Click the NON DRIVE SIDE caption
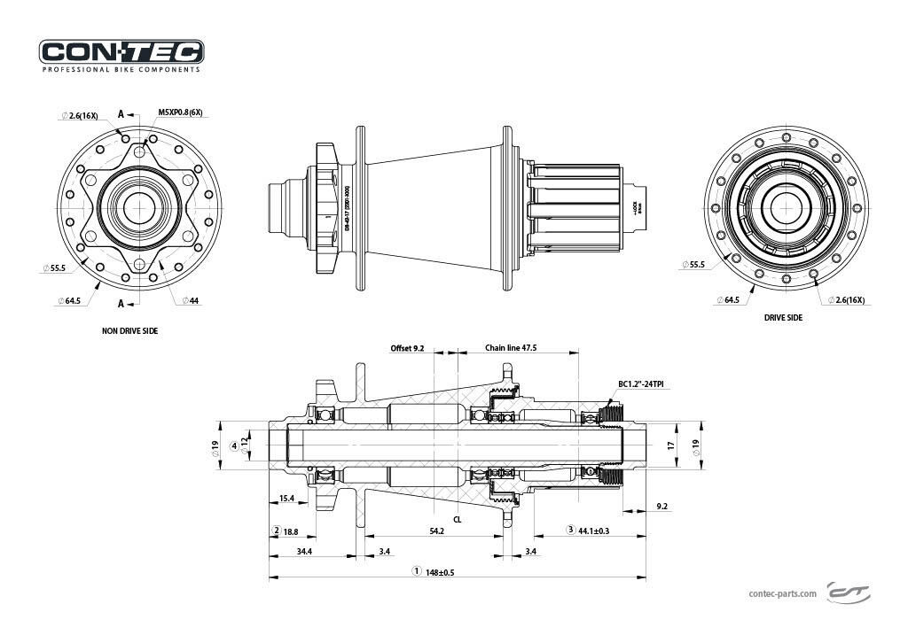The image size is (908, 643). [130, 330]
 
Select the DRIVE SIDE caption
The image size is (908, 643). [783, 317]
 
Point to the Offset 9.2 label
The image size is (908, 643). [408, 348]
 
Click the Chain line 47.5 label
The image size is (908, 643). [511, 348]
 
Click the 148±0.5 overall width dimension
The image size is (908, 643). [440, 572]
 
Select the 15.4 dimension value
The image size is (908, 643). [286, 500]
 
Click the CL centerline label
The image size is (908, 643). [458, 520]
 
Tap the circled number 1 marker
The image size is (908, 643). [416, 571]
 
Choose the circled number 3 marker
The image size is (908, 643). [570, 530]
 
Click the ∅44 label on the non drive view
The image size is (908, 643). [191, 301]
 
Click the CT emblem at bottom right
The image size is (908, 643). [849, 591]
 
